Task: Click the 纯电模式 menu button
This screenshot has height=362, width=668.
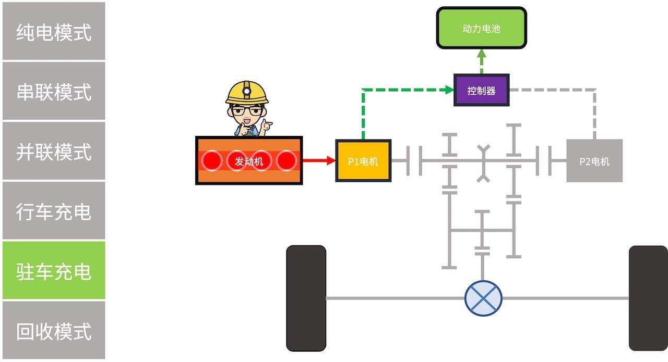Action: [x=54, y=31]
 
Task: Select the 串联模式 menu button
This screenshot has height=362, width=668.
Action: [x=54, y=91]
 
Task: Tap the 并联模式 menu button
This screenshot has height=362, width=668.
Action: [x=54, y=151]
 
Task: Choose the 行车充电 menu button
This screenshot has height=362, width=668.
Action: [x=54, y=211]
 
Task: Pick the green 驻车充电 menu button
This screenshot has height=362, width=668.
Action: [x=54, y=270]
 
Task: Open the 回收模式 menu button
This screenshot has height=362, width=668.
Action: [x=54, y=330]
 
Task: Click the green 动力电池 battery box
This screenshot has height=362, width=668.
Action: [x=481, y=29]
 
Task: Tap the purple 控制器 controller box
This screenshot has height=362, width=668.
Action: [x=481, y=90]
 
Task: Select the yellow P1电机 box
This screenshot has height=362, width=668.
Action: [x=363, y=161]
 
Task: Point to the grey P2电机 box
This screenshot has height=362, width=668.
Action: [x=594, y=161]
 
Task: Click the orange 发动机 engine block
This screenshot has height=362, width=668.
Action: [x=249, y=161]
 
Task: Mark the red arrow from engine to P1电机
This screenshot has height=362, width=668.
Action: [x=318, y=160]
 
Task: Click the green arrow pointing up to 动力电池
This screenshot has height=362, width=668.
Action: [x=481, y=61]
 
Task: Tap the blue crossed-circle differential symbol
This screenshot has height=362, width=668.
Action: [x=483, y=298]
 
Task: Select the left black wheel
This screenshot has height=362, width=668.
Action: [x=306, y=298]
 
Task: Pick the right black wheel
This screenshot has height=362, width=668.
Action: [x=648, y=298]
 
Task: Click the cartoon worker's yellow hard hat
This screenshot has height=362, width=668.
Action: [x=247, y=93]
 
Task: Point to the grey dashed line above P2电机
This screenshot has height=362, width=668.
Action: [x=594, y=112]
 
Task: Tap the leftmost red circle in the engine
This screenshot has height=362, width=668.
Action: [x=212, y=161]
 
